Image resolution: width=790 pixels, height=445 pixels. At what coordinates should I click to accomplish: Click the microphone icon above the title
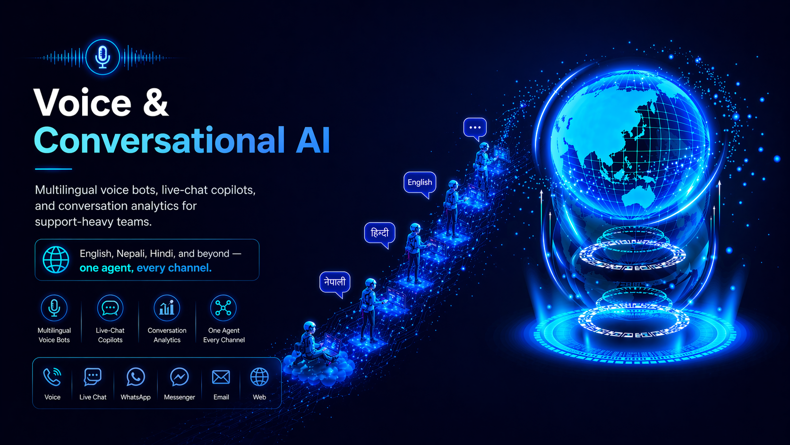tap(103, 57)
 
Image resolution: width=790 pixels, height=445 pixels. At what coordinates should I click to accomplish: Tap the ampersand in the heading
tap(155, 103)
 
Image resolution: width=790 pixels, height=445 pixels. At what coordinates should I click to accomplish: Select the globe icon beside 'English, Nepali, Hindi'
tap(56, 260)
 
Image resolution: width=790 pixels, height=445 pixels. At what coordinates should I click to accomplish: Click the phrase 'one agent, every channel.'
tap(146, 268)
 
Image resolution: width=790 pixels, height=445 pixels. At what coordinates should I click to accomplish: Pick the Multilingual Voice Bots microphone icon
tap(54, 308)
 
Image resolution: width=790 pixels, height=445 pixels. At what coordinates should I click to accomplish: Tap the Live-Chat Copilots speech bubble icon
tap(110, 308)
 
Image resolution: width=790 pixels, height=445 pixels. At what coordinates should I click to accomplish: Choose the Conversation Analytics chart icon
tap(167, 308)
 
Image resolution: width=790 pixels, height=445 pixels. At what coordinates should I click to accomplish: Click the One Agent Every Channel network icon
tap(223, 308)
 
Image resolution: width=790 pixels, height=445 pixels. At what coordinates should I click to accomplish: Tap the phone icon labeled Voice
tap(52, 377)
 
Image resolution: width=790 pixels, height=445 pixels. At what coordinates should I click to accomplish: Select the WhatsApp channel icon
tap(136, 377)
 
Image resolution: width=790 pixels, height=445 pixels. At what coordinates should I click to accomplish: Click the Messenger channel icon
tap(180, 377)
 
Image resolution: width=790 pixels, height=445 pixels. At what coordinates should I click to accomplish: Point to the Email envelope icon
tap(221, 377)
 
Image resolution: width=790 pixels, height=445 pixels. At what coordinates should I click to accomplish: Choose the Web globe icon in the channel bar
tap(259, 377)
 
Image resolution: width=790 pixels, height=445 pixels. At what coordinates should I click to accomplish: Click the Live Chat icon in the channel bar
tap(93, 377)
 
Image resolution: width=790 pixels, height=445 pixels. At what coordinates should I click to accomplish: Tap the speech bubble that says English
tap(420, 183)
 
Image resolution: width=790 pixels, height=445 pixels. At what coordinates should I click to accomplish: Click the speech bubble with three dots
tap(475, 128)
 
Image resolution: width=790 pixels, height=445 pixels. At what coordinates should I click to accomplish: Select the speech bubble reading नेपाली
tap(335, 282)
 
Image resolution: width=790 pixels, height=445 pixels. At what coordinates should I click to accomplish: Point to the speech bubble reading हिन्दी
tap(379, 233)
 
